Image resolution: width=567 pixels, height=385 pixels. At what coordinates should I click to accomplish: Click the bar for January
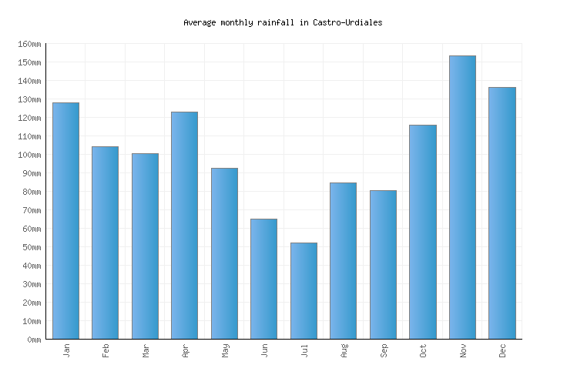[x=65, y=220]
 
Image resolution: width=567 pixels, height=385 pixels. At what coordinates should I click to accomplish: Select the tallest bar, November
[x=462, y=197]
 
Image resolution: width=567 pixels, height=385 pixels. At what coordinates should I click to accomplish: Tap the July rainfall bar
[x=304, y=290]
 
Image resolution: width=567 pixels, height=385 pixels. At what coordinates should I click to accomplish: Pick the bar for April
[x=184, y=225]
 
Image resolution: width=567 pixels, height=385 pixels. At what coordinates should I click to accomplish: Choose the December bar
[x=502, y=213]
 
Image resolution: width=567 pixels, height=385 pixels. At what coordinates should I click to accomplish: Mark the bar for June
[x=263, y=279]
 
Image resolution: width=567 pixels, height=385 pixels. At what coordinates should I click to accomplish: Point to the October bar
[x=422, y=231]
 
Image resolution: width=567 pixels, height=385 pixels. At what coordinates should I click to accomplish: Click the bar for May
[x=224, y=253]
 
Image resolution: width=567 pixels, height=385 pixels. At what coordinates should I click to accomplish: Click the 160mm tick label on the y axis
[x=29, y=44]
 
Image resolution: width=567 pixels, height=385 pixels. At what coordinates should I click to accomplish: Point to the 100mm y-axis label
[x=29, y=155]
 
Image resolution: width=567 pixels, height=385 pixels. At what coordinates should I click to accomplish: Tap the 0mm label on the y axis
[x=33, y=340]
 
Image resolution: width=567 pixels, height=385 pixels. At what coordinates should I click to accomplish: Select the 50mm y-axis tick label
[x=31, y=247]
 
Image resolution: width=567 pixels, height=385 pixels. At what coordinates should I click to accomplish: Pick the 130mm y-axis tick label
[x=29, y=99]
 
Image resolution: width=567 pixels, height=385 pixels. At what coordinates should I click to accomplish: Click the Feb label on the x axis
[x=106, y=350]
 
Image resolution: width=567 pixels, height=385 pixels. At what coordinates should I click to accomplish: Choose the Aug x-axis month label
[x=344, y=350]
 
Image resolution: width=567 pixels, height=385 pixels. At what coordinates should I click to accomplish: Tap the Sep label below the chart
[x=384, y=350]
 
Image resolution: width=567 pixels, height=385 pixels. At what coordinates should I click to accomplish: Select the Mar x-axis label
[x=146, y=350]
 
